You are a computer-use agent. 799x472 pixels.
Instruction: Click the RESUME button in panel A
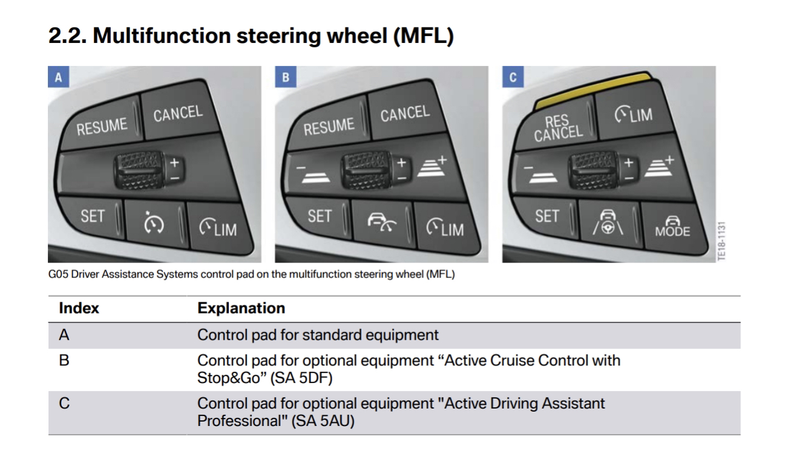coord(101,126)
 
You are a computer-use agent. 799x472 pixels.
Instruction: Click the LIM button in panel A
coord(217,228)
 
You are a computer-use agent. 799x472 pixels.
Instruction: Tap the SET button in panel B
coord(320,216)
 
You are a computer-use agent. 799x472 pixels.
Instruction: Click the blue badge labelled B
coord(286,77)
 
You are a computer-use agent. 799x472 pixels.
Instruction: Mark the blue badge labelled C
coord(513,77)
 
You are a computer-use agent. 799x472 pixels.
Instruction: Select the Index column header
coord(79,308)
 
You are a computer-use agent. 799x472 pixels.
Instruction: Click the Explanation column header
coord(241,308)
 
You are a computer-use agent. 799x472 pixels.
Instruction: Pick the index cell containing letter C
coord(64,404)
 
